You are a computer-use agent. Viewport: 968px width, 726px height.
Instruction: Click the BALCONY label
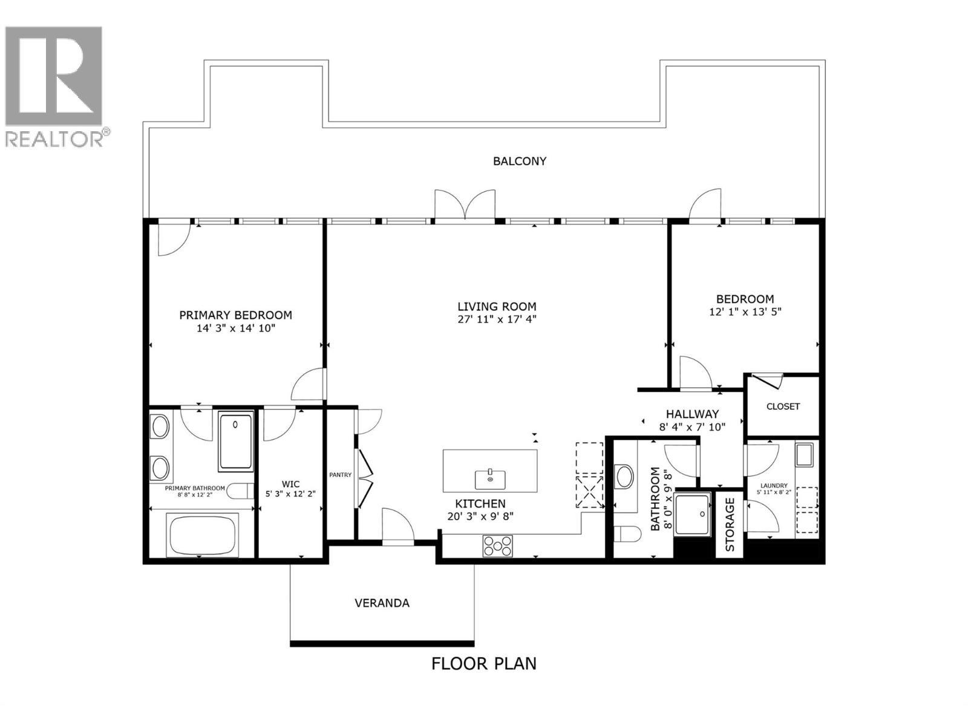pyautogui.click(x=520, y=161)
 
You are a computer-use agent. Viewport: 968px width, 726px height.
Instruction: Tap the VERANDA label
pyautogui.click(x=382, y=603)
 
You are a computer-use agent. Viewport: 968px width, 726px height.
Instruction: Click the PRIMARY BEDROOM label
pyautogui.click(x=235, y=315)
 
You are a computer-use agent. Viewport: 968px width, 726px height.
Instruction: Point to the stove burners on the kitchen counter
pyautogui.click(x=497, y=546)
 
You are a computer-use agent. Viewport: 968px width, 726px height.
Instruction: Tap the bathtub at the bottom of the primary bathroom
pyautogui.click(x=202, y=535)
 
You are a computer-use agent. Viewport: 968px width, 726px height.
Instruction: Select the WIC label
pyautogui.click(x=290, y=484)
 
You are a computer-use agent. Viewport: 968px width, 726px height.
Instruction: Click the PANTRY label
pyautogui.click(x=340, y=475)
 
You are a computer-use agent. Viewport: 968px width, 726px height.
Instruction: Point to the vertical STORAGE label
pyautogui.click(x=730, y=524)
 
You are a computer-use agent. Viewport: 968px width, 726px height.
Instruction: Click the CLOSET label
pyautogui.click(x=783, y=407)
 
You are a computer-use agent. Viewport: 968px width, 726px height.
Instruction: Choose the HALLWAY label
pyautogui.click(x=692, y=414)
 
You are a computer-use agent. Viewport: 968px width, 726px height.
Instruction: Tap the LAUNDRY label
pyautogui.click(x=774, y=485)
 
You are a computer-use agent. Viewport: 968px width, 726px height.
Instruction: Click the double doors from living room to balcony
pyautogui.click(x=465, y=206)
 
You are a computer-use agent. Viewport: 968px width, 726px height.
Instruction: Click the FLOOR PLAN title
pyautogui.click(x=483, y=663)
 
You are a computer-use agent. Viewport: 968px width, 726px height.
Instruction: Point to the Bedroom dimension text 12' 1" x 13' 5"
pyautogui.click(x=745, y=312)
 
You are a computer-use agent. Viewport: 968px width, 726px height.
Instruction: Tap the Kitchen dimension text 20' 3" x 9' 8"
pyautogui.click(x=480, y=517)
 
